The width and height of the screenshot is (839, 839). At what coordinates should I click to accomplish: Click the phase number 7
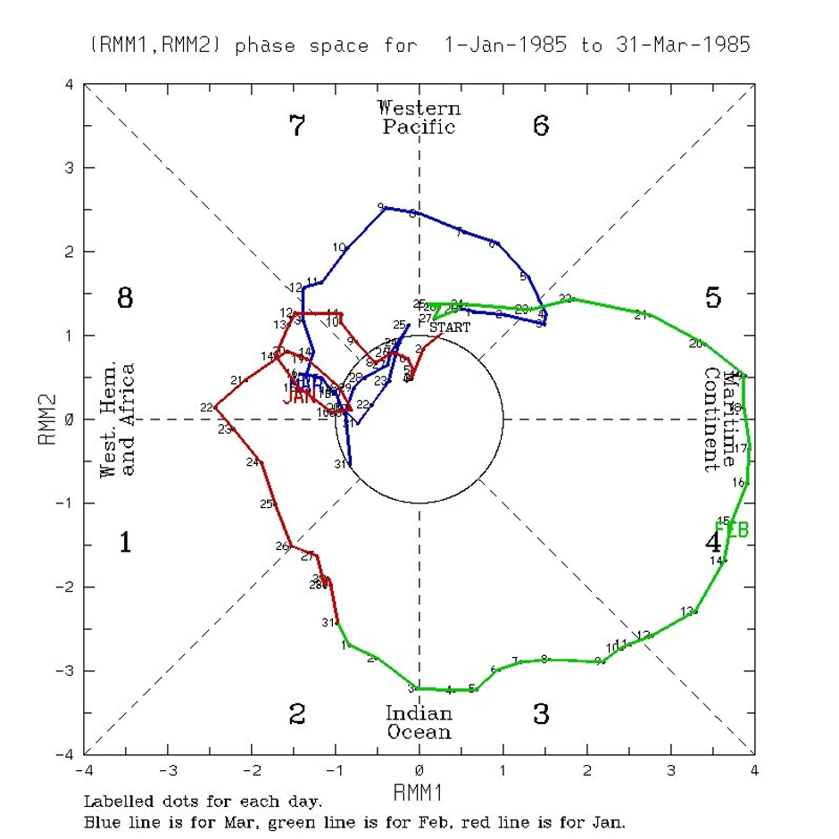click(298, 126)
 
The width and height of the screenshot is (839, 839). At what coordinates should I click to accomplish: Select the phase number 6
click(541, 126)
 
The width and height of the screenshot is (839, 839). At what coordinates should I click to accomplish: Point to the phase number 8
click(125, 298)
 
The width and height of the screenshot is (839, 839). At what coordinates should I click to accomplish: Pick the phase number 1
click(125, 542)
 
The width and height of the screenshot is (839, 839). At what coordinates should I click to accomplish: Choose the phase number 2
click(298, 714)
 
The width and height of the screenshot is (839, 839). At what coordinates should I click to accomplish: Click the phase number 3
click(541, 714)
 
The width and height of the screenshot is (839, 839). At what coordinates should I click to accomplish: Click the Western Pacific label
click(419, 117)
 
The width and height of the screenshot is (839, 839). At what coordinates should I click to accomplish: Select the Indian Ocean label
click(419, 722)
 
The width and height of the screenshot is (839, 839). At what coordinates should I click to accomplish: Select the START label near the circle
click(450, 328)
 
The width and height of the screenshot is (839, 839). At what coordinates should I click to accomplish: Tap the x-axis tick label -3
click(167, 770)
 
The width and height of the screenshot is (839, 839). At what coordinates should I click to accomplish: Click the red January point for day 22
click(216, 407)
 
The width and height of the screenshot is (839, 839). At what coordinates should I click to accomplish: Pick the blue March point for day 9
click(385, 207)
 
